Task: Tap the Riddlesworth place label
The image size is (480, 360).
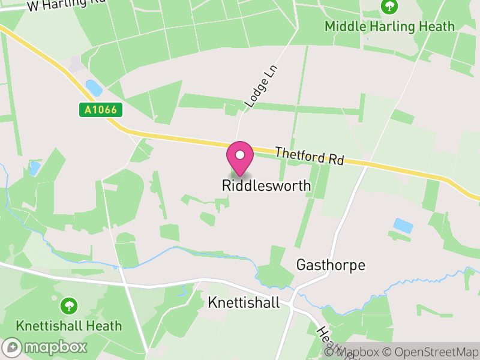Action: coord(266,186)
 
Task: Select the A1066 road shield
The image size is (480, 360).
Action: coord(101,110)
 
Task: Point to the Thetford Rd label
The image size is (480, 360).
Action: coord(310,156)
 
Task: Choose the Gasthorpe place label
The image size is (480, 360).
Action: coord(331,265)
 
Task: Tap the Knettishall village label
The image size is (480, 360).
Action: coord(244,302)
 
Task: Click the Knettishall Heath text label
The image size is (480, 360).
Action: coord(70,326)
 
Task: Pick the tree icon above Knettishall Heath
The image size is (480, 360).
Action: coord(70,306)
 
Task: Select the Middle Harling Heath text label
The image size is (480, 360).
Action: coord(389,26)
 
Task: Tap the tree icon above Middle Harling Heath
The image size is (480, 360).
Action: coord(389,7)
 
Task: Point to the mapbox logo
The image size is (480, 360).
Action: coord(45,347)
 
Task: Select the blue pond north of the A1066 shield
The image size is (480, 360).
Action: coord(94,88)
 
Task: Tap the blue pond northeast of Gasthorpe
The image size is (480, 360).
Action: coord(403,226)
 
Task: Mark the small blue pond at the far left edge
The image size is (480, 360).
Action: coord(34,168)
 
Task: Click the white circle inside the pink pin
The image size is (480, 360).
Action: coord(240,155)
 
